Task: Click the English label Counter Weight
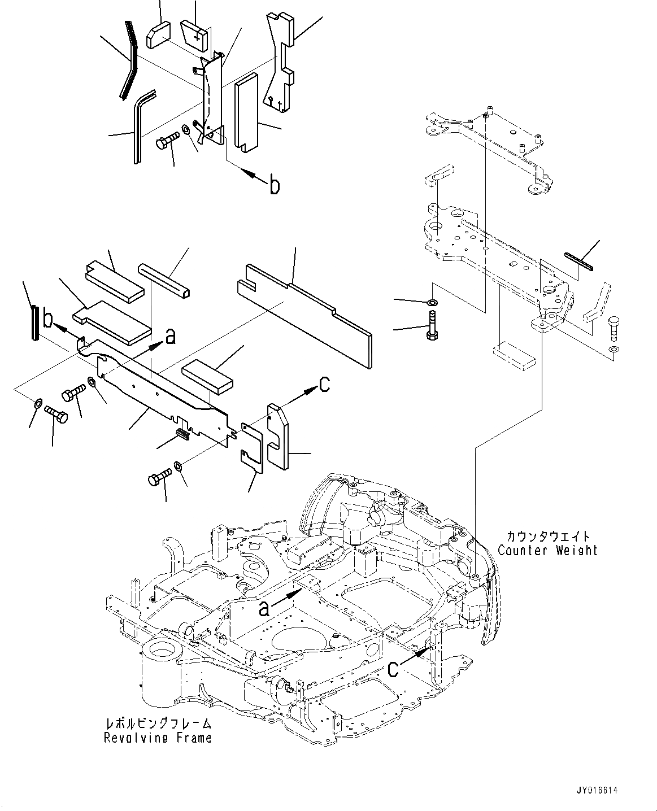(x=547, y=550)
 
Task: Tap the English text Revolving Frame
(x=158, y=738)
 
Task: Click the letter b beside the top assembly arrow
(x=274, y=185)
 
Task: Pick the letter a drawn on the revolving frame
(x=264, y=608)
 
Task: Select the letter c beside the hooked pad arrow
(x=324, y=384)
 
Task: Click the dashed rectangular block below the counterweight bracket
(x=514, y=352)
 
